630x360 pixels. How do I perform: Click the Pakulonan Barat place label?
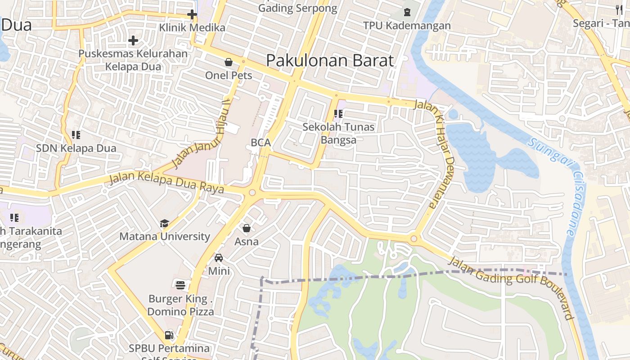pos(330,60)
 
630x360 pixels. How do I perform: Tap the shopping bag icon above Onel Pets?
pos(229,62)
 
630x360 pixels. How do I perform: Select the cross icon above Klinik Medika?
pos(192,14)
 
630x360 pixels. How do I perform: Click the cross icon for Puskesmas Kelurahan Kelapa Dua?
pos(133,40)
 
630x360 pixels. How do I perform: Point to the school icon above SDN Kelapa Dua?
pos(76,135)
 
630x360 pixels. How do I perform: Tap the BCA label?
pos(261,143)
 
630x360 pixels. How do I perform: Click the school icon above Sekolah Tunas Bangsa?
pos(338,114)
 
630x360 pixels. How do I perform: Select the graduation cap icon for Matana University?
pos(164,223)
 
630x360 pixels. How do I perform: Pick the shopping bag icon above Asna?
pos(247,228)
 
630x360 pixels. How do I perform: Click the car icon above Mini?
pos(219,258)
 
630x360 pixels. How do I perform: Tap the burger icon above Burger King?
pos(180,285)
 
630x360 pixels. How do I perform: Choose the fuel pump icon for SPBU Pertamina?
pos(169,335)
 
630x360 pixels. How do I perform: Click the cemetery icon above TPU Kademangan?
pos(407,12)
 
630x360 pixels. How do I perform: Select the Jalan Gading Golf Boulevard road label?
pos(513,286)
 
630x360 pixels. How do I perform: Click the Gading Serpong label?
pos(298,8)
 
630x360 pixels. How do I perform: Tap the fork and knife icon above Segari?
pos(620,9)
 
